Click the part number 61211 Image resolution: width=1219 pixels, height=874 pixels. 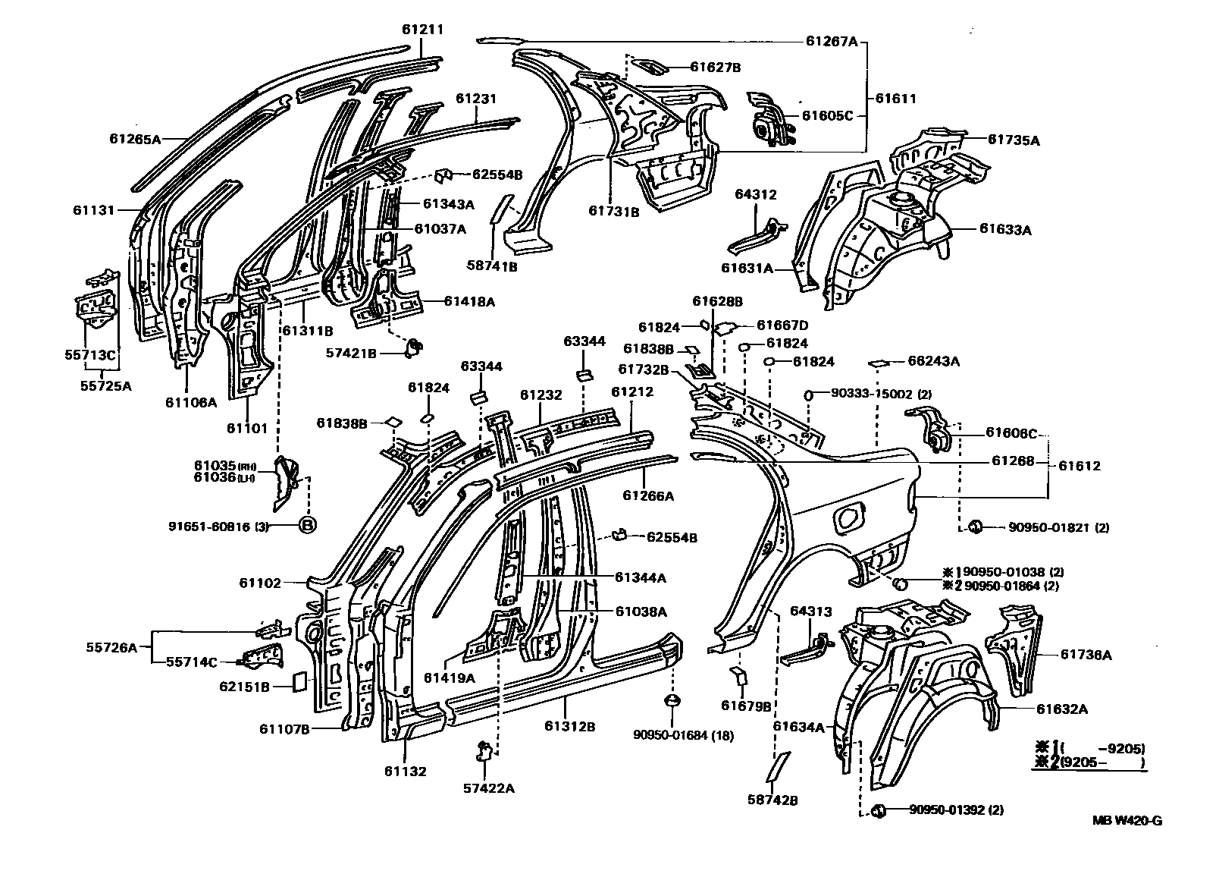point(422,30)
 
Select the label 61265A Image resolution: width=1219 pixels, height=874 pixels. point(135,139)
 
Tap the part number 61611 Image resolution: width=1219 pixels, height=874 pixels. point(896,98)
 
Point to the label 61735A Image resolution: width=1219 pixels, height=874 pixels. point(1014,140)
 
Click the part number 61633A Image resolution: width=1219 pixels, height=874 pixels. point(1005,228)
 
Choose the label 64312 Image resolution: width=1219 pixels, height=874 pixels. point(756,195)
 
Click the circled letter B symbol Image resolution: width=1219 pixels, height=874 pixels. point(308,524)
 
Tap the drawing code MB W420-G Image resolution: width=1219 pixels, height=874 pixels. point(1127,820)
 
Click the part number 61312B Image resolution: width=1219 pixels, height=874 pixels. point(569,726)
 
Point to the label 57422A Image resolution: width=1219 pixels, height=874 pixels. point(488,788)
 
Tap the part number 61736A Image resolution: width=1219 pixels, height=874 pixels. point(1086,655)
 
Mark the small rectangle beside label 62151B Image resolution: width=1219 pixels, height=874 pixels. point(299,681)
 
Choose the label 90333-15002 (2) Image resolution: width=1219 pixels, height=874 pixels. point(881,394)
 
